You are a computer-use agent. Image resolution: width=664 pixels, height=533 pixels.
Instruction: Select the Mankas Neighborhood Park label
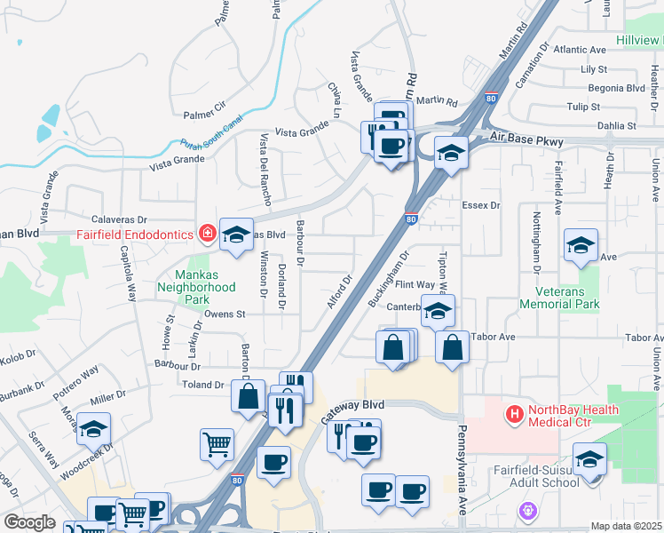coord(196,281)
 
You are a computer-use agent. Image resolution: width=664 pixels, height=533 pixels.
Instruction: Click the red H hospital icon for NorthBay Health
coord(513,414)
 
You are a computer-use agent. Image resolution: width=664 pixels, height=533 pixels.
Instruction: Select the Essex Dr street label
coord(481,205)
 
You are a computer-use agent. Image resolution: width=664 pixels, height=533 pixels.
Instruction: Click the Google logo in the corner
coord(30,522)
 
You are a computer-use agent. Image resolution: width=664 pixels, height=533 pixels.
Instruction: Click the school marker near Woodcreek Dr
coord(93,431)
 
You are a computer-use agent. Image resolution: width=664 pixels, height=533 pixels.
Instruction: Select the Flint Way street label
coord(415,285)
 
